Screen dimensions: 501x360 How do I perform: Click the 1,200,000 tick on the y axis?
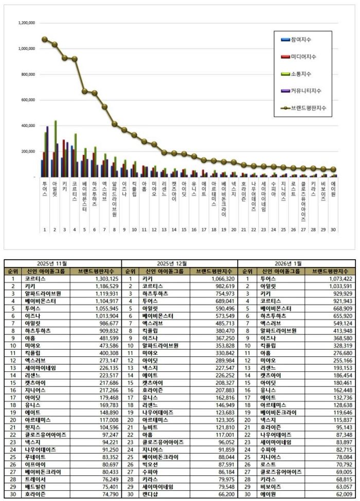coord(26,23)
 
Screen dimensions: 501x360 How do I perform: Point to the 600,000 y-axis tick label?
coord(26,100)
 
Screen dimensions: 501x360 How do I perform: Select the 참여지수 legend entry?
coord(301,40)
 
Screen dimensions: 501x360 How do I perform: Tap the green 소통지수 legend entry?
coord(301,74)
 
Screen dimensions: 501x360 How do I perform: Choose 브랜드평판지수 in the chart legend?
coord(308,108)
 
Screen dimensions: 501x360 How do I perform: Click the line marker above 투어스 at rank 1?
coord(45,39)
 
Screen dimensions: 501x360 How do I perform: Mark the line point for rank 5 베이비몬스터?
coord(84,91)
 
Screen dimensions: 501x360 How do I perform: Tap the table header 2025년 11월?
coord(63,263)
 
